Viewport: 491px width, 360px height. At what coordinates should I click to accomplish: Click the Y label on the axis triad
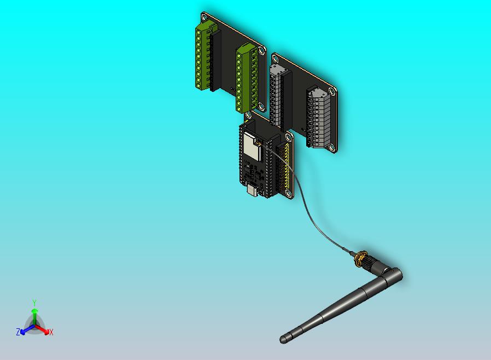[x=34, y=303]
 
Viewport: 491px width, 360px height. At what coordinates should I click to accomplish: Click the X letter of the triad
[x=51, y=332]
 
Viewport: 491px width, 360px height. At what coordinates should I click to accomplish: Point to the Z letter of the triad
[x=18, y=332]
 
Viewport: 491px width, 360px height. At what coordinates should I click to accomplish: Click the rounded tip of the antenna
[x=283, y=339]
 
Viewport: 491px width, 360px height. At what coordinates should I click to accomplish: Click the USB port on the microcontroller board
[x=252, y=190]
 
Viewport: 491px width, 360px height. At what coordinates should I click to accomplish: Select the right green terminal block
[x=246, y=78]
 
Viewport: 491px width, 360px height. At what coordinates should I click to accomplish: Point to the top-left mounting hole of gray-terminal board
[x=274, y=57]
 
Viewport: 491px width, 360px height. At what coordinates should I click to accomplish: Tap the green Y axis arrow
[x=34, y=315]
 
